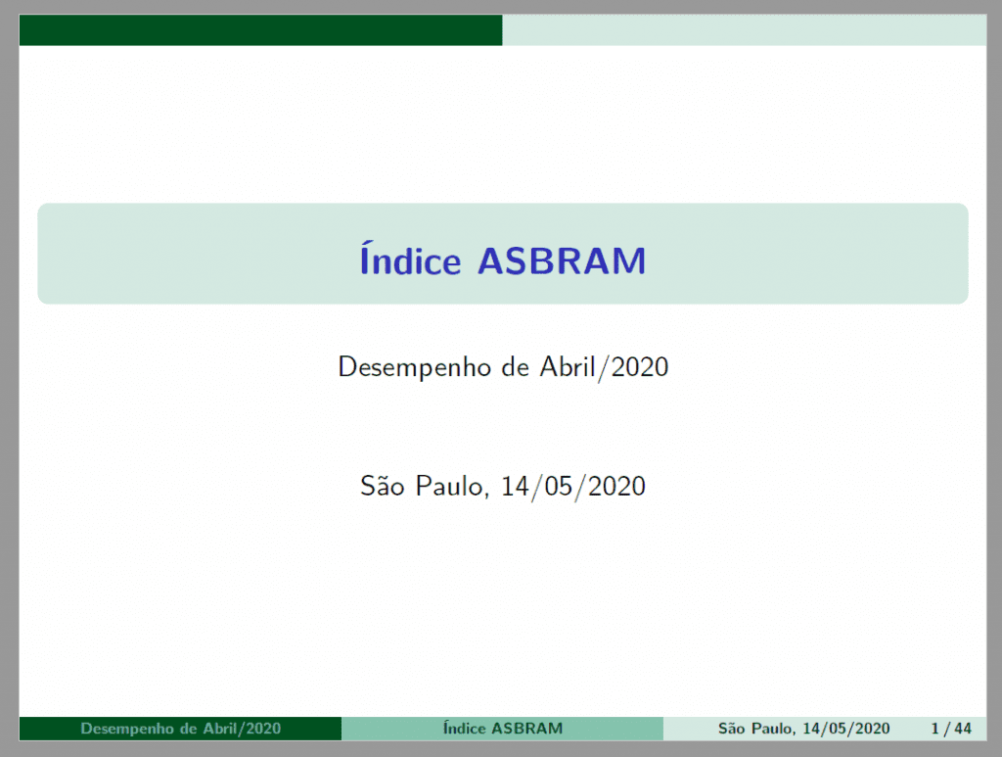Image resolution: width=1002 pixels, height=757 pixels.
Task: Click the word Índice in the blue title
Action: pyautogui.click(x=410, y=259)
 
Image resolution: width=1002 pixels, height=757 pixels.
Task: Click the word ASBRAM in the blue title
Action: pyautogui.click(x=563, y=260)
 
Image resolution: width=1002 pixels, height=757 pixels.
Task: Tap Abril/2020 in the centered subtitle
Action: pyautogui.click(x=604, y=367)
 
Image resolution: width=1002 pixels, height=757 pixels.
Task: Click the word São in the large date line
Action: pyautogui.click(x=383, y=486)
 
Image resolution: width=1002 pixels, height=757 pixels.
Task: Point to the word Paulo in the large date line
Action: pyautogui.click(x=452, y=487)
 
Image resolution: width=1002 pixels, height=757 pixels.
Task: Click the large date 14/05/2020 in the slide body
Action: pyautogui.click(x=572, y=487)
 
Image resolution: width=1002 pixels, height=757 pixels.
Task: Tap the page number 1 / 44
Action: pyautogui.click(x=951, y=729)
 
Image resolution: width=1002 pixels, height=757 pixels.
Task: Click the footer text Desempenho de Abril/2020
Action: pyautogui.click(x=181, y=729)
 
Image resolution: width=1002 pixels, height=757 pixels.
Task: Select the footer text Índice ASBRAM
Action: pyautogui.click(x=503, y=729)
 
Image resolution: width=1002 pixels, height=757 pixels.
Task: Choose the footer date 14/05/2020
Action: pyautogui.click(x=846, y=729)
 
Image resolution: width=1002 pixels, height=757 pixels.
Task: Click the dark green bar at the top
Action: pyautogui.click(x=260, y=30)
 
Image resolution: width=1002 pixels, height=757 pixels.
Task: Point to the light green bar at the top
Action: pyautogui.click(x=745, y=30)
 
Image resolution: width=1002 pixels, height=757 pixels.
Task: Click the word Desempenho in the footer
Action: pyautogui.click(x=127, y=729)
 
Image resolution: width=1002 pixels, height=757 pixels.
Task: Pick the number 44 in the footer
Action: pyautogui.click(x=963, y=729)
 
